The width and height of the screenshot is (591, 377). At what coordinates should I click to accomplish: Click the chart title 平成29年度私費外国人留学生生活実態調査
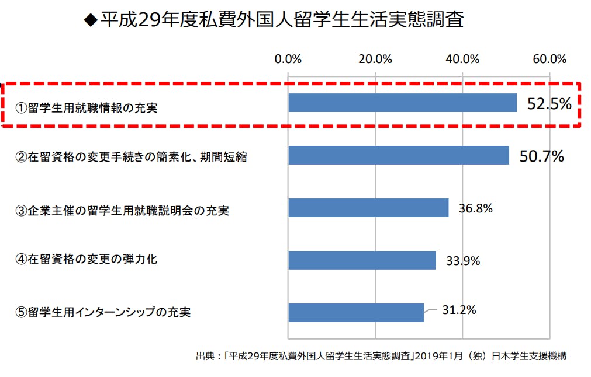pyautogui.click(x=282, y=20)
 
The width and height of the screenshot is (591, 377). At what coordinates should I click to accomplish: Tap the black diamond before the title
pyautogui.click(x=89, y=21)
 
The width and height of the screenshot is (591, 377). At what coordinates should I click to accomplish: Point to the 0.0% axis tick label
pyautogui.click(x=288, y=59)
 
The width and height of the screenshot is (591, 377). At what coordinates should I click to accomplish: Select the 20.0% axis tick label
pyautogui.click(x=375, y=59)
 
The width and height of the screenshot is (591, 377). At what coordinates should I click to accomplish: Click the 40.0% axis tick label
pyautogui.click(x=462, y=59)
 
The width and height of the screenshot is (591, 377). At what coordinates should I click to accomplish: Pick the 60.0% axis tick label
pyautogui.click(x=549, y=59)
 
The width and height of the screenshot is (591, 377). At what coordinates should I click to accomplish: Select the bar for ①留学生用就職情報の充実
pyautogui.click(x=402, y=103)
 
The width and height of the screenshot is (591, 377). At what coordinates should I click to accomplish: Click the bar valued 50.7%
pyautogui.click(x=398, y=155)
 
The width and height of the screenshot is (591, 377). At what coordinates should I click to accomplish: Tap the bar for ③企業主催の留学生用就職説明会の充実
pyautogui.click(x=368, y=208)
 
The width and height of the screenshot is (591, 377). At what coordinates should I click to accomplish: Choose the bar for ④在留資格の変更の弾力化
pyautogui.click(x=362, y=260)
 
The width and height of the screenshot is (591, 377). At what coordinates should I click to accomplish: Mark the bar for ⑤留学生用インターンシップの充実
pyautogui.click(x=356, y=313)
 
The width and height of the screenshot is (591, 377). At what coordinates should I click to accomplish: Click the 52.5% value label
pyautogui.click(x=549, y=104)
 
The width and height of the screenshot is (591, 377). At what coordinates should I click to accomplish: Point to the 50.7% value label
pyautogui.click(x=541, y=156)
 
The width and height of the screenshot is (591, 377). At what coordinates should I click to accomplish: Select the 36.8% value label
pyautogui.click(x=476, y=208)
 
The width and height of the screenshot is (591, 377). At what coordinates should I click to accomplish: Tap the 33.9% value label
pyautogui.click(x=463, y=260)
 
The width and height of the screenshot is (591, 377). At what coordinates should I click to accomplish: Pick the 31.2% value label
pyautogui.click(x=459, y=310)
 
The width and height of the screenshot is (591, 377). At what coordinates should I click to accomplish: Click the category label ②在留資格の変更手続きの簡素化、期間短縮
pyautogui.click(x=131, y=157)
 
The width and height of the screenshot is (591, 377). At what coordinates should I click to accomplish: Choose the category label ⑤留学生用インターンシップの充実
pyautogui.click(x=103, y=312)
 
